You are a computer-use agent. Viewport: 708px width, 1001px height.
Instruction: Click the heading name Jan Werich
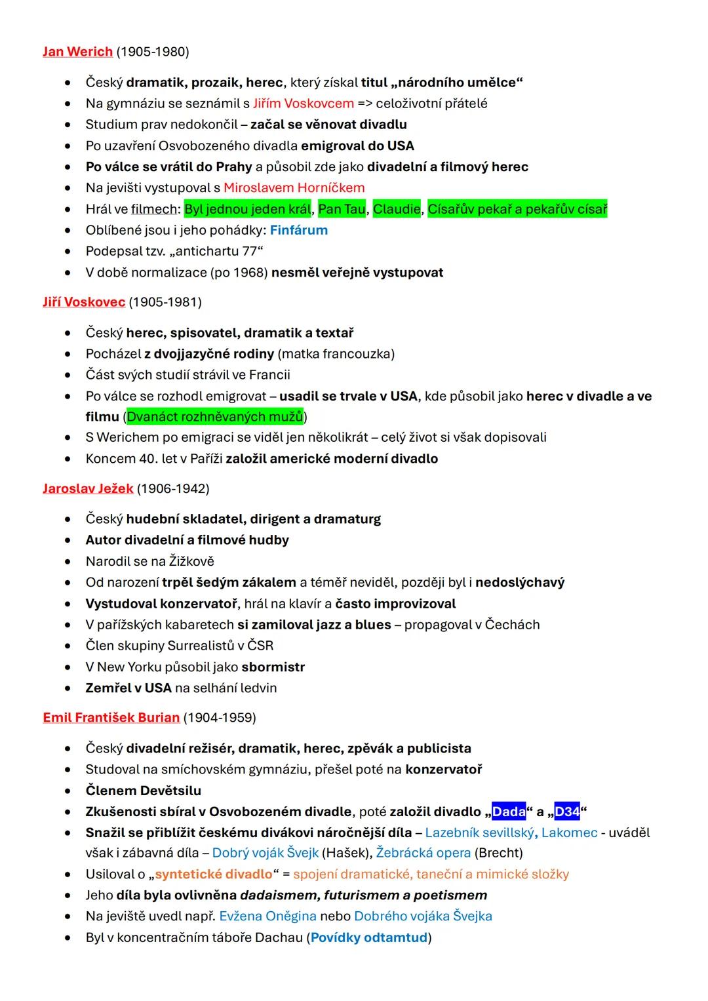click(x=77, y=52)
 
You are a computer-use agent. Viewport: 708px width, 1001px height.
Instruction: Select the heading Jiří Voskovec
click(x=83, y=302)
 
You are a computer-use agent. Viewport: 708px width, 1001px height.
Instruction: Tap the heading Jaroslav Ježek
click(x=88, y=489)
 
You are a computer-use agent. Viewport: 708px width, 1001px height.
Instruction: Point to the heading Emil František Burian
click(x=111, y=718)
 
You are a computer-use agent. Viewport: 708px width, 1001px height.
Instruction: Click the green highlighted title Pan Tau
click(x=342, y=210)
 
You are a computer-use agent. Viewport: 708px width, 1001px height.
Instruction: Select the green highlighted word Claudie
click(x=397, y=210)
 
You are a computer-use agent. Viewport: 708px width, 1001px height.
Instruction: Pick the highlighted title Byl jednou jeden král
click(x=248, y=210)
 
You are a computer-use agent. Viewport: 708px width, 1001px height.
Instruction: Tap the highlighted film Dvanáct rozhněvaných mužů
click(x=214, y=417)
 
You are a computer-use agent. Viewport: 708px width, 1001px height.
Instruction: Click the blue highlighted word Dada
click(x=509, y=812)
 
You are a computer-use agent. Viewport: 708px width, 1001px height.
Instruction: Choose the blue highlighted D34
click(x=567, y=812)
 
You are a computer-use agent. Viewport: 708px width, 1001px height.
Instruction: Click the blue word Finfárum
click(x=298, y=231)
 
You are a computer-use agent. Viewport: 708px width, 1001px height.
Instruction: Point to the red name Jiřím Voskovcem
click(x=303, y=104)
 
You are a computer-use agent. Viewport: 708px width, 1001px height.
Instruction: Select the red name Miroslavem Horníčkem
click(x=294, y=188)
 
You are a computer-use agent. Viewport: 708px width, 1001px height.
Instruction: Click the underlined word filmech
click(x=154, y=210)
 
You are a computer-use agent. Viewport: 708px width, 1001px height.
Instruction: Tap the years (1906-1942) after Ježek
click(x=173, y=489)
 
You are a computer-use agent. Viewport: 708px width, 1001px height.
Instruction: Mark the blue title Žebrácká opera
click(x=423, y=854)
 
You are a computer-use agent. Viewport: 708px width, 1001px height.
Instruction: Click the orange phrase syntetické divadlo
click(x=213, y=874)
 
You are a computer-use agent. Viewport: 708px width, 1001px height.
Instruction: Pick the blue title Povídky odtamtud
click(x=369, y=938)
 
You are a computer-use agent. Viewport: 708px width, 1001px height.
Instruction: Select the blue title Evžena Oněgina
click(x=267, y=916)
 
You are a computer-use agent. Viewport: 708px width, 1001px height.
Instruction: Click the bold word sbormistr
click(x=273, y=667)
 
